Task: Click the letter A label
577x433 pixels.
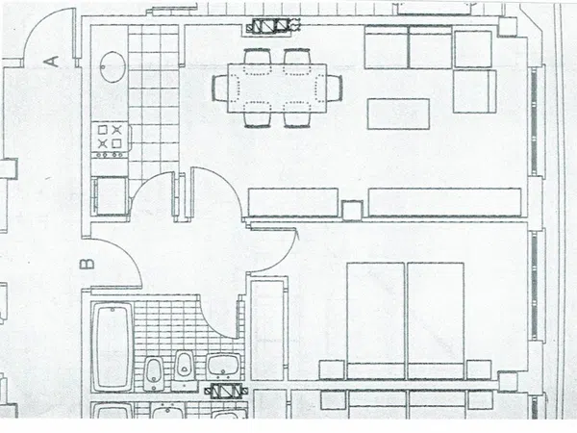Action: click(53, 62)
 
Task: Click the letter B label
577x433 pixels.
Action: click(87, 264)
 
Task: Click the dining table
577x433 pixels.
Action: click(277, 88)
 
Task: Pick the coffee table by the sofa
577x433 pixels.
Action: click(398, 114)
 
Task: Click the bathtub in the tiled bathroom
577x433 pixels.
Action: click(113, 347)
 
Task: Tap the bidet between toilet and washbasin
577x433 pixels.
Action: click(184, 367)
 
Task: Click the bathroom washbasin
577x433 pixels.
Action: click(223, 367)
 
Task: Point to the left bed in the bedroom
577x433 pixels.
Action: click(376, 320)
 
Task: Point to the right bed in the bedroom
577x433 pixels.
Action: click(436, 320)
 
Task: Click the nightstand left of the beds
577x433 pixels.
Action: click(332, 369)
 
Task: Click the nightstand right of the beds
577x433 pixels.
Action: click(479, 369)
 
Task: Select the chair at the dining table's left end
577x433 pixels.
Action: click(219, 88)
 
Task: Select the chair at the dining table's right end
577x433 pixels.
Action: click(335, 88)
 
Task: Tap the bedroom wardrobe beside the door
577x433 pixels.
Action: click(268, 330)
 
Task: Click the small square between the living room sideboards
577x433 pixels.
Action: click(353, 210)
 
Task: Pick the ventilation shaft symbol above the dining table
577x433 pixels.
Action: click(273, 26)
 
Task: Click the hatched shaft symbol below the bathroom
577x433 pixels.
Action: click(225, 391)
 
